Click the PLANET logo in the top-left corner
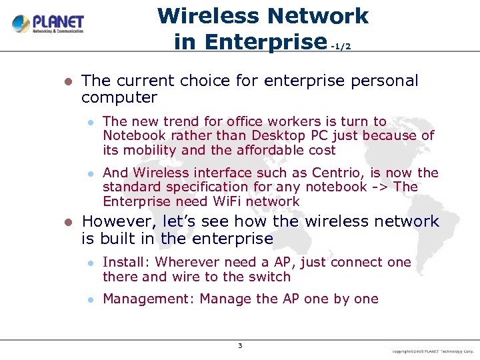coord(48,24)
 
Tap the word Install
coord(126,262)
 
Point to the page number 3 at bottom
coord(240,345)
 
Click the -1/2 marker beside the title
coord(340,46)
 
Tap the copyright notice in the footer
coord(432,351)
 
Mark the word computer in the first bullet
coord(119,98)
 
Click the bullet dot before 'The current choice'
coord(67,82)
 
